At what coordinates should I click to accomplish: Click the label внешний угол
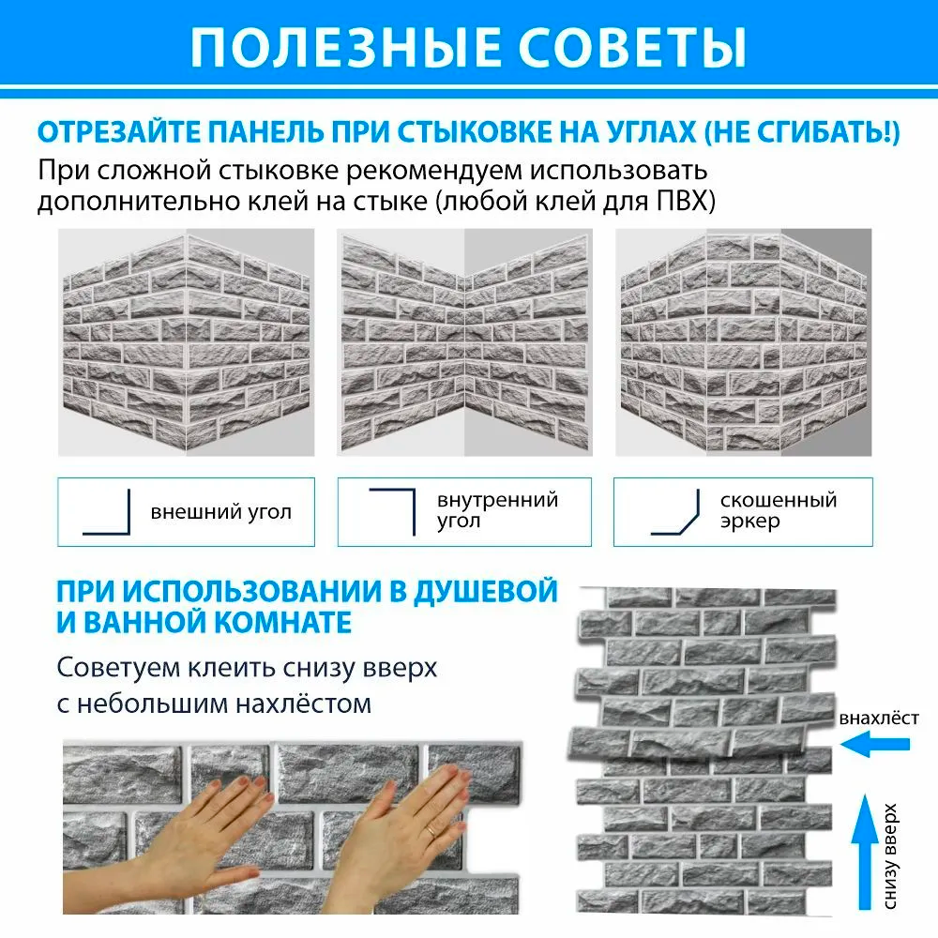click(x=220, y=512)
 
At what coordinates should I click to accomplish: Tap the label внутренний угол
click(x=497, y=509)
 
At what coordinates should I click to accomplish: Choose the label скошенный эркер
click(x=778, y=511)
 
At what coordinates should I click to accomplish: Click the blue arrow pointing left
click(x=876, y=745)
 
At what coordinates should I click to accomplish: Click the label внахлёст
click(x=879, y=719)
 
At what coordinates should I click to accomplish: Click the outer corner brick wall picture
click(x=187, y=342)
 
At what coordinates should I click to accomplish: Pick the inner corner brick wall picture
click(x=464, y=342)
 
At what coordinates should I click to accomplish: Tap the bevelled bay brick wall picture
click(x=743, y=342)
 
